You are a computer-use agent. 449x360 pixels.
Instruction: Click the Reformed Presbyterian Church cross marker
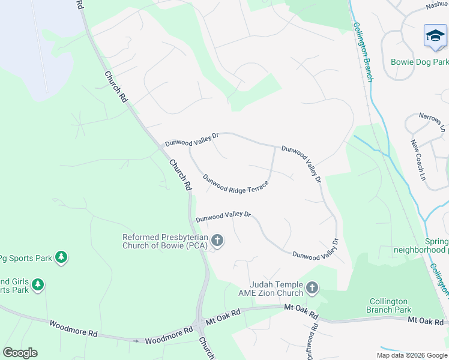click(x=217, y=241)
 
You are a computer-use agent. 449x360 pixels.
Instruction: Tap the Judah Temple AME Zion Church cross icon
click(x=312, y=289)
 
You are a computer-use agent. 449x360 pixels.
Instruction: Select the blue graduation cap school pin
click(x=435, y=37)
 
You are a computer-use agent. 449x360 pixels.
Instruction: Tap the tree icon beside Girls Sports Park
click(x=38, y=284)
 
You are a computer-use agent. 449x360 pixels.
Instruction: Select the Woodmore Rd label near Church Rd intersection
click(x=169, y=339)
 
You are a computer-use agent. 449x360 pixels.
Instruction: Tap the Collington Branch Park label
click(x=388, y=305)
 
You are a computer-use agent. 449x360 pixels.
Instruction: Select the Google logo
click(x=20, y=353)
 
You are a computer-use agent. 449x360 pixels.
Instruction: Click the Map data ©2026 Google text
click(x=412, y=355)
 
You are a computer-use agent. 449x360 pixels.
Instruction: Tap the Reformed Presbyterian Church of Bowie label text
click(x=164, y=241)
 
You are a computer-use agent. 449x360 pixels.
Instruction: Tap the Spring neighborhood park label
click(x=420, y=245)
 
